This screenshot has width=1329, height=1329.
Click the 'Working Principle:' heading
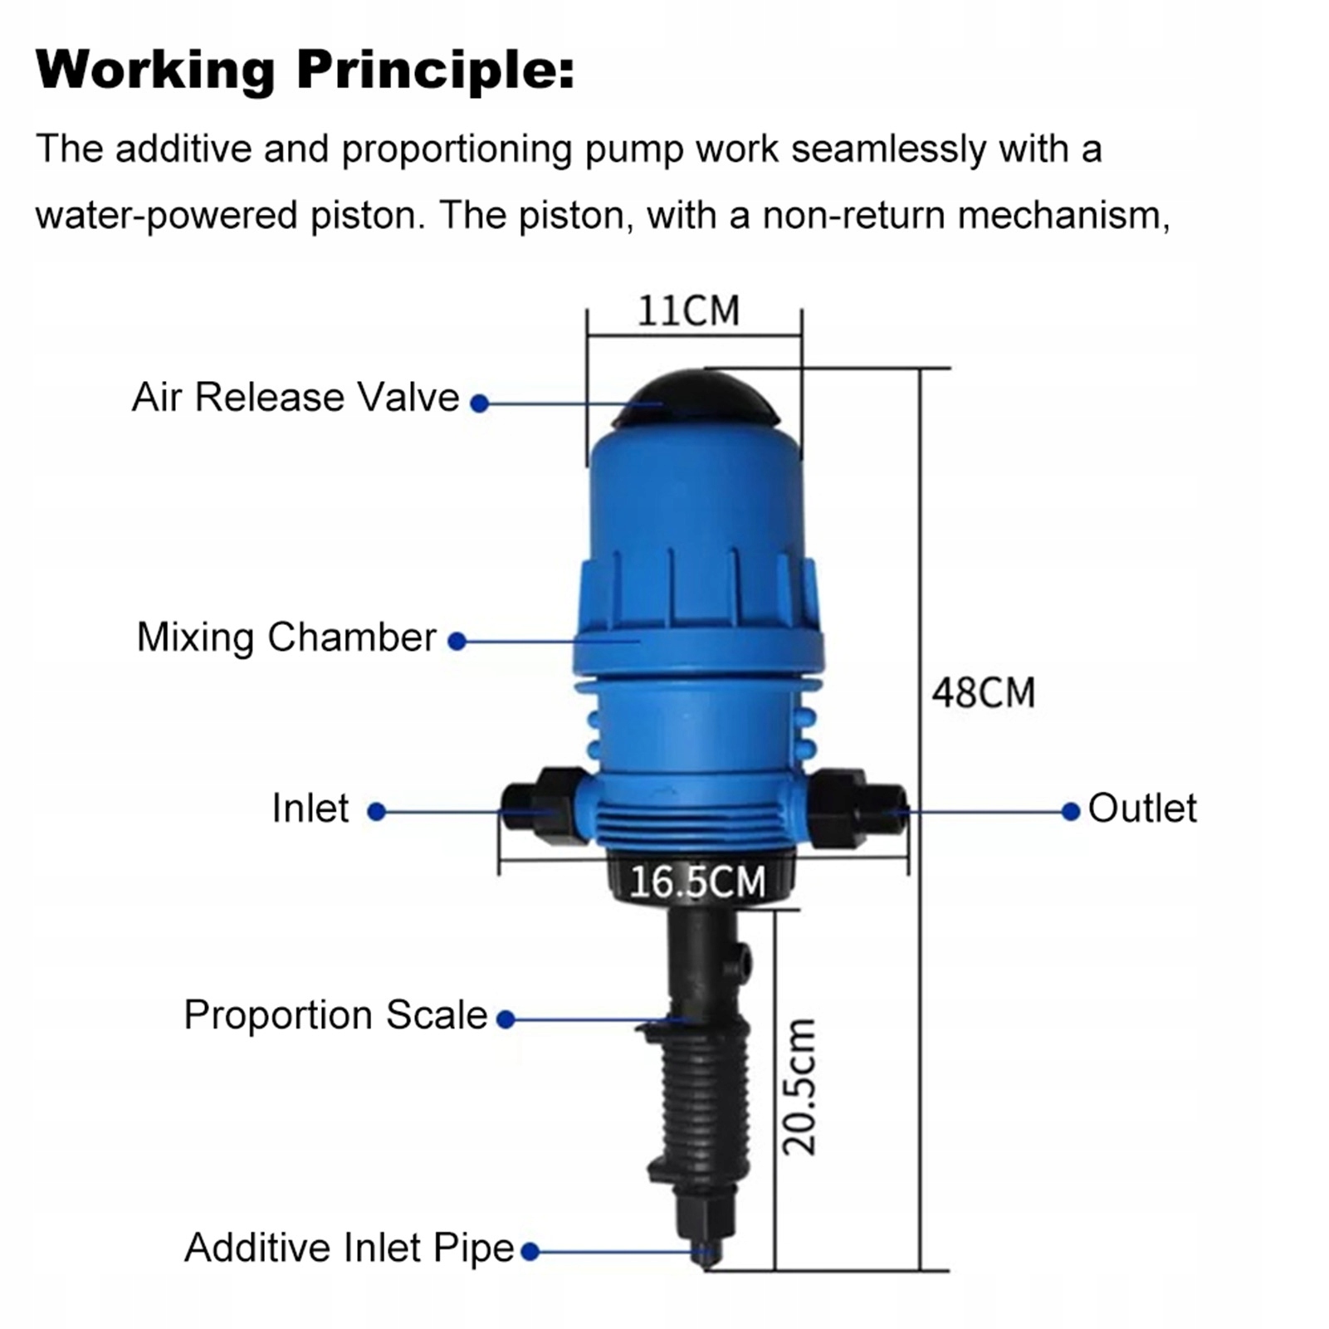305,70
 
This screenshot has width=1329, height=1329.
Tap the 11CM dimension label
688,311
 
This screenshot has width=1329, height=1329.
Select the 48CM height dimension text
983,693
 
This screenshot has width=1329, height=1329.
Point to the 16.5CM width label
697,882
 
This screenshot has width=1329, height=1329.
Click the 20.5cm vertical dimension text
800,1087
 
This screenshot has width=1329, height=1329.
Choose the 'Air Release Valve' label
296,398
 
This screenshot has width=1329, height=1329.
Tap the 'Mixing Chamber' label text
286,638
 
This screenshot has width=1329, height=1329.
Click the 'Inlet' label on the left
310,809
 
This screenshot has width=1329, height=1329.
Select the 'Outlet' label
1142,809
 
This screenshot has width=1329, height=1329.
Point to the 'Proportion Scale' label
335,1015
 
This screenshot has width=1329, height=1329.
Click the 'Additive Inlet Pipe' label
349,1248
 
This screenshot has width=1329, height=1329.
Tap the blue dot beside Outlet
1071,811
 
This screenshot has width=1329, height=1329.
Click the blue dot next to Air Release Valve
479,403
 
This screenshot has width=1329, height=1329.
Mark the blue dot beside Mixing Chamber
457,641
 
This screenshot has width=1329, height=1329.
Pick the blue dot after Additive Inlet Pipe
530,1251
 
